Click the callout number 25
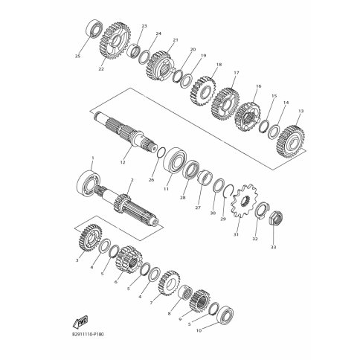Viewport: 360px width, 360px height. pyautogui.click(x=77, y=57)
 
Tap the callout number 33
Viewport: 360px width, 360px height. pyautogui.click(x=273, y=247)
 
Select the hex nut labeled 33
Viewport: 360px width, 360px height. pyautogui.click(x=276, y=219)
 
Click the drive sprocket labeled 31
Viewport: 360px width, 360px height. pyautogui.click(x=243, y=201)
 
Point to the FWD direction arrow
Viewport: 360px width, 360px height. pyautogui.click(x=80, y=322)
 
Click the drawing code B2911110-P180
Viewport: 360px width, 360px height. pyautogui.click(x=86, y=335)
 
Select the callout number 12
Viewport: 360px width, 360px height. pyautogui.click(x=123, y=162)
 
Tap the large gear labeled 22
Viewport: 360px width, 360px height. pyautogui.click(x=115, y=41)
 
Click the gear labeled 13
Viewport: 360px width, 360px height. pyautogui.click(x=290, y=141)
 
